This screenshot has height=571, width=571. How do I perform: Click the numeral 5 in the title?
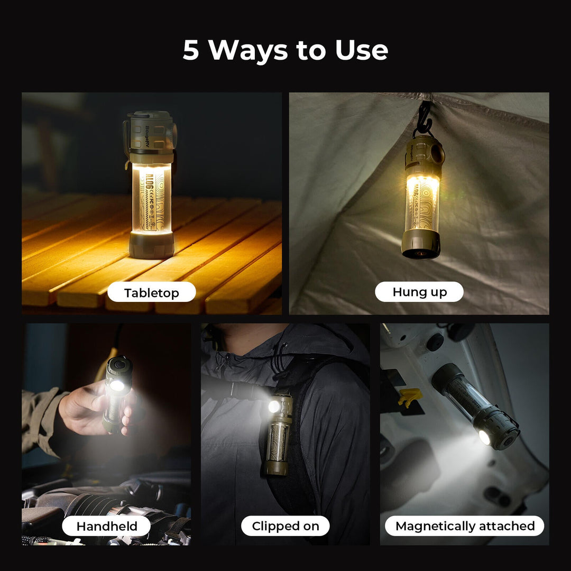(x=191, y=50)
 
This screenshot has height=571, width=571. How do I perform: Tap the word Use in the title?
(x=361, y=50)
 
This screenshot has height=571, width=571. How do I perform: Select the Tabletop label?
(x=151, y=292)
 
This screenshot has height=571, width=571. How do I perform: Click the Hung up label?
(x=419, y=292)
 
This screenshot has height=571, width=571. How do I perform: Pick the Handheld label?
(x=107, y=526)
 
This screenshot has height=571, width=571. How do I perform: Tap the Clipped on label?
(x=285, y=526)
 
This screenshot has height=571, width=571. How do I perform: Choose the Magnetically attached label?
(x=465, y=526)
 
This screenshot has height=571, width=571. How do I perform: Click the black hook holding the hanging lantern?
(x=424, y=119)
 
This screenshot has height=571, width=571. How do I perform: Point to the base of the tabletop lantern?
(x=151, y=245)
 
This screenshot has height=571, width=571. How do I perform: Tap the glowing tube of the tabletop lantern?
(x=151, y=198)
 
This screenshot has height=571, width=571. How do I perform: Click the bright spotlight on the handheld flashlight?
(x=117, y=385)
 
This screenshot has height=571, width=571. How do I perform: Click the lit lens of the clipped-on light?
(x=274, y=406)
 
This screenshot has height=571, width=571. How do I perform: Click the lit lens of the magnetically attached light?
(x=484, y=437)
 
